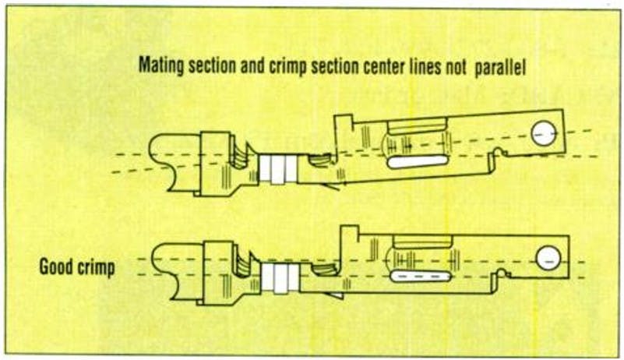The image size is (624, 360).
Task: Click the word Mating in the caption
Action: (x=160, y=68)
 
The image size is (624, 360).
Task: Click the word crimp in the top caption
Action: (x=294, y=68)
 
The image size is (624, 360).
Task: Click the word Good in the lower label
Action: (x=57, y=267)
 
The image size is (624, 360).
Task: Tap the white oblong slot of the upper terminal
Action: (x=417, y=161)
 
